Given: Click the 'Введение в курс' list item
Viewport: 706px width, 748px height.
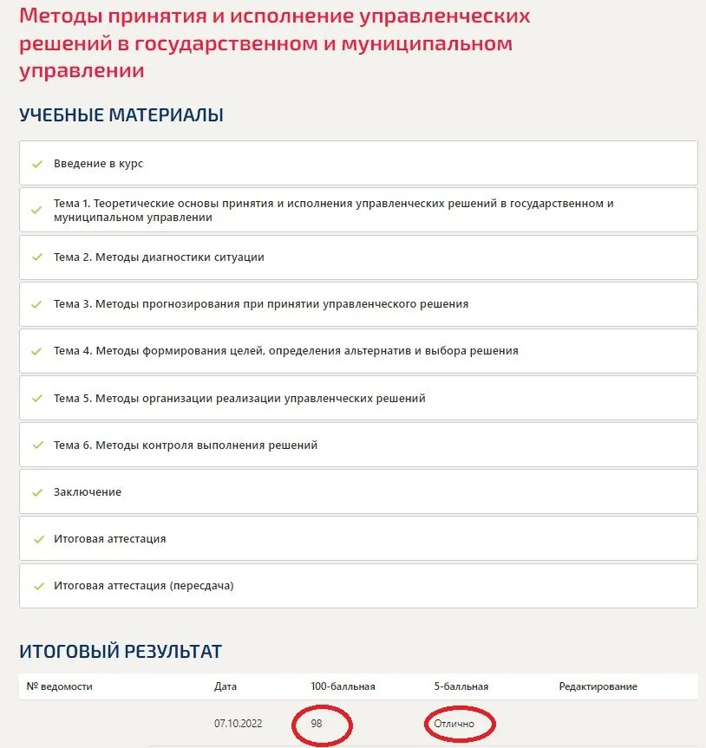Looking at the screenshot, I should [x=98, y=164].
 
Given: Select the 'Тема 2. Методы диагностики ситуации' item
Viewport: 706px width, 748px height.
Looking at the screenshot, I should [x=159, y=257].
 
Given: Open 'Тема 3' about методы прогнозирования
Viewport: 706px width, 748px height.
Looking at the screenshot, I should [x=260, y=304].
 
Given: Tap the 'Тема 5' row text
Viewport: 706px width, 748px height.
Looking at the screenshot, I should [x=239, y=399].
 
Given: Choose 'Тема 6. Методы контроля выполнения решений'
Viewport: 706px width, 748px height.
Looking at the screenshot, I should [x=186, y=446].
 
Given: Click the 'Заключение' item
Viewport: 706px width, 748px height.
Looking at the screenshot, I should [x=88, y=492].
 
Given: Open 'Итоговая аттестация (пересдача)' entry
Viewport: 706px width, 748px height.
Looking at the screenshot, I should [x=143, y=586].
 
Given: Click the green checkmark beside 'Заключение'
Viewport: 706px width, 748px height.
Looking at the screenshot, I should [x=37, y=492].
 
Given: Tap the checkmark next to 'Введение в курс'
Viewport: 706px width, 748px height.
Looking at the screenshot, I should [x=37, y=164].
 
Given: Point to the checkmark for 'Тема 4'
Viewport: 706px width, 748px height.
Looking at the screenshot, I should [x=37, y=351].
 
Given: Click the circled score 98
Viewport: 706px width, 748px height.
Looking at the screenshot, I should [x=317, y=723].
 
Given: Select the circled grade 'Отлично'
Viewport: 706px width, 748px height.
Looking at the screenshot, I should [x=454, y=723].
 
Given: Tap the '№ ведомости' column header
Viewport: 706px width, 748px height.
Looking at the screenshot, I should [x=59, y=686].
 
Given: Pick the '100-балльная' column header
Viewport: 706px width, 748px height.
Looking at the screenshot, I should [x=343, y=686].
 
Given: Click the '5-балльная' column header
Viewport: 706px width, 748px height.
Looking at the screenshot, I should [x=461, y=686].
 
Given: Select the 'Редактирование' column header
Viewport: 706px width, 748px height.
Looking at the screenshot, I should [x=598, y=686].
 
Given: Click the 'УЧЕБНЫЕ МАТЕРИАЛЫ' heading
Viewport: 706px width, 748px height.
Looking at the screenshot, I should [x=121, y=115].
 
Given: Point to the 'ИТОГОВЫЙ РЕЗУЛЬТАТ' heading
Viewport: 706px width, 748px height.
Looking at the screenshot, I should [x=121, y=651].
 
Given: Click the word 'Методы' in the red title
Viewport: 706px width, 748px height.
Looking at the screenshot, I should [x=60, y=16].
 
